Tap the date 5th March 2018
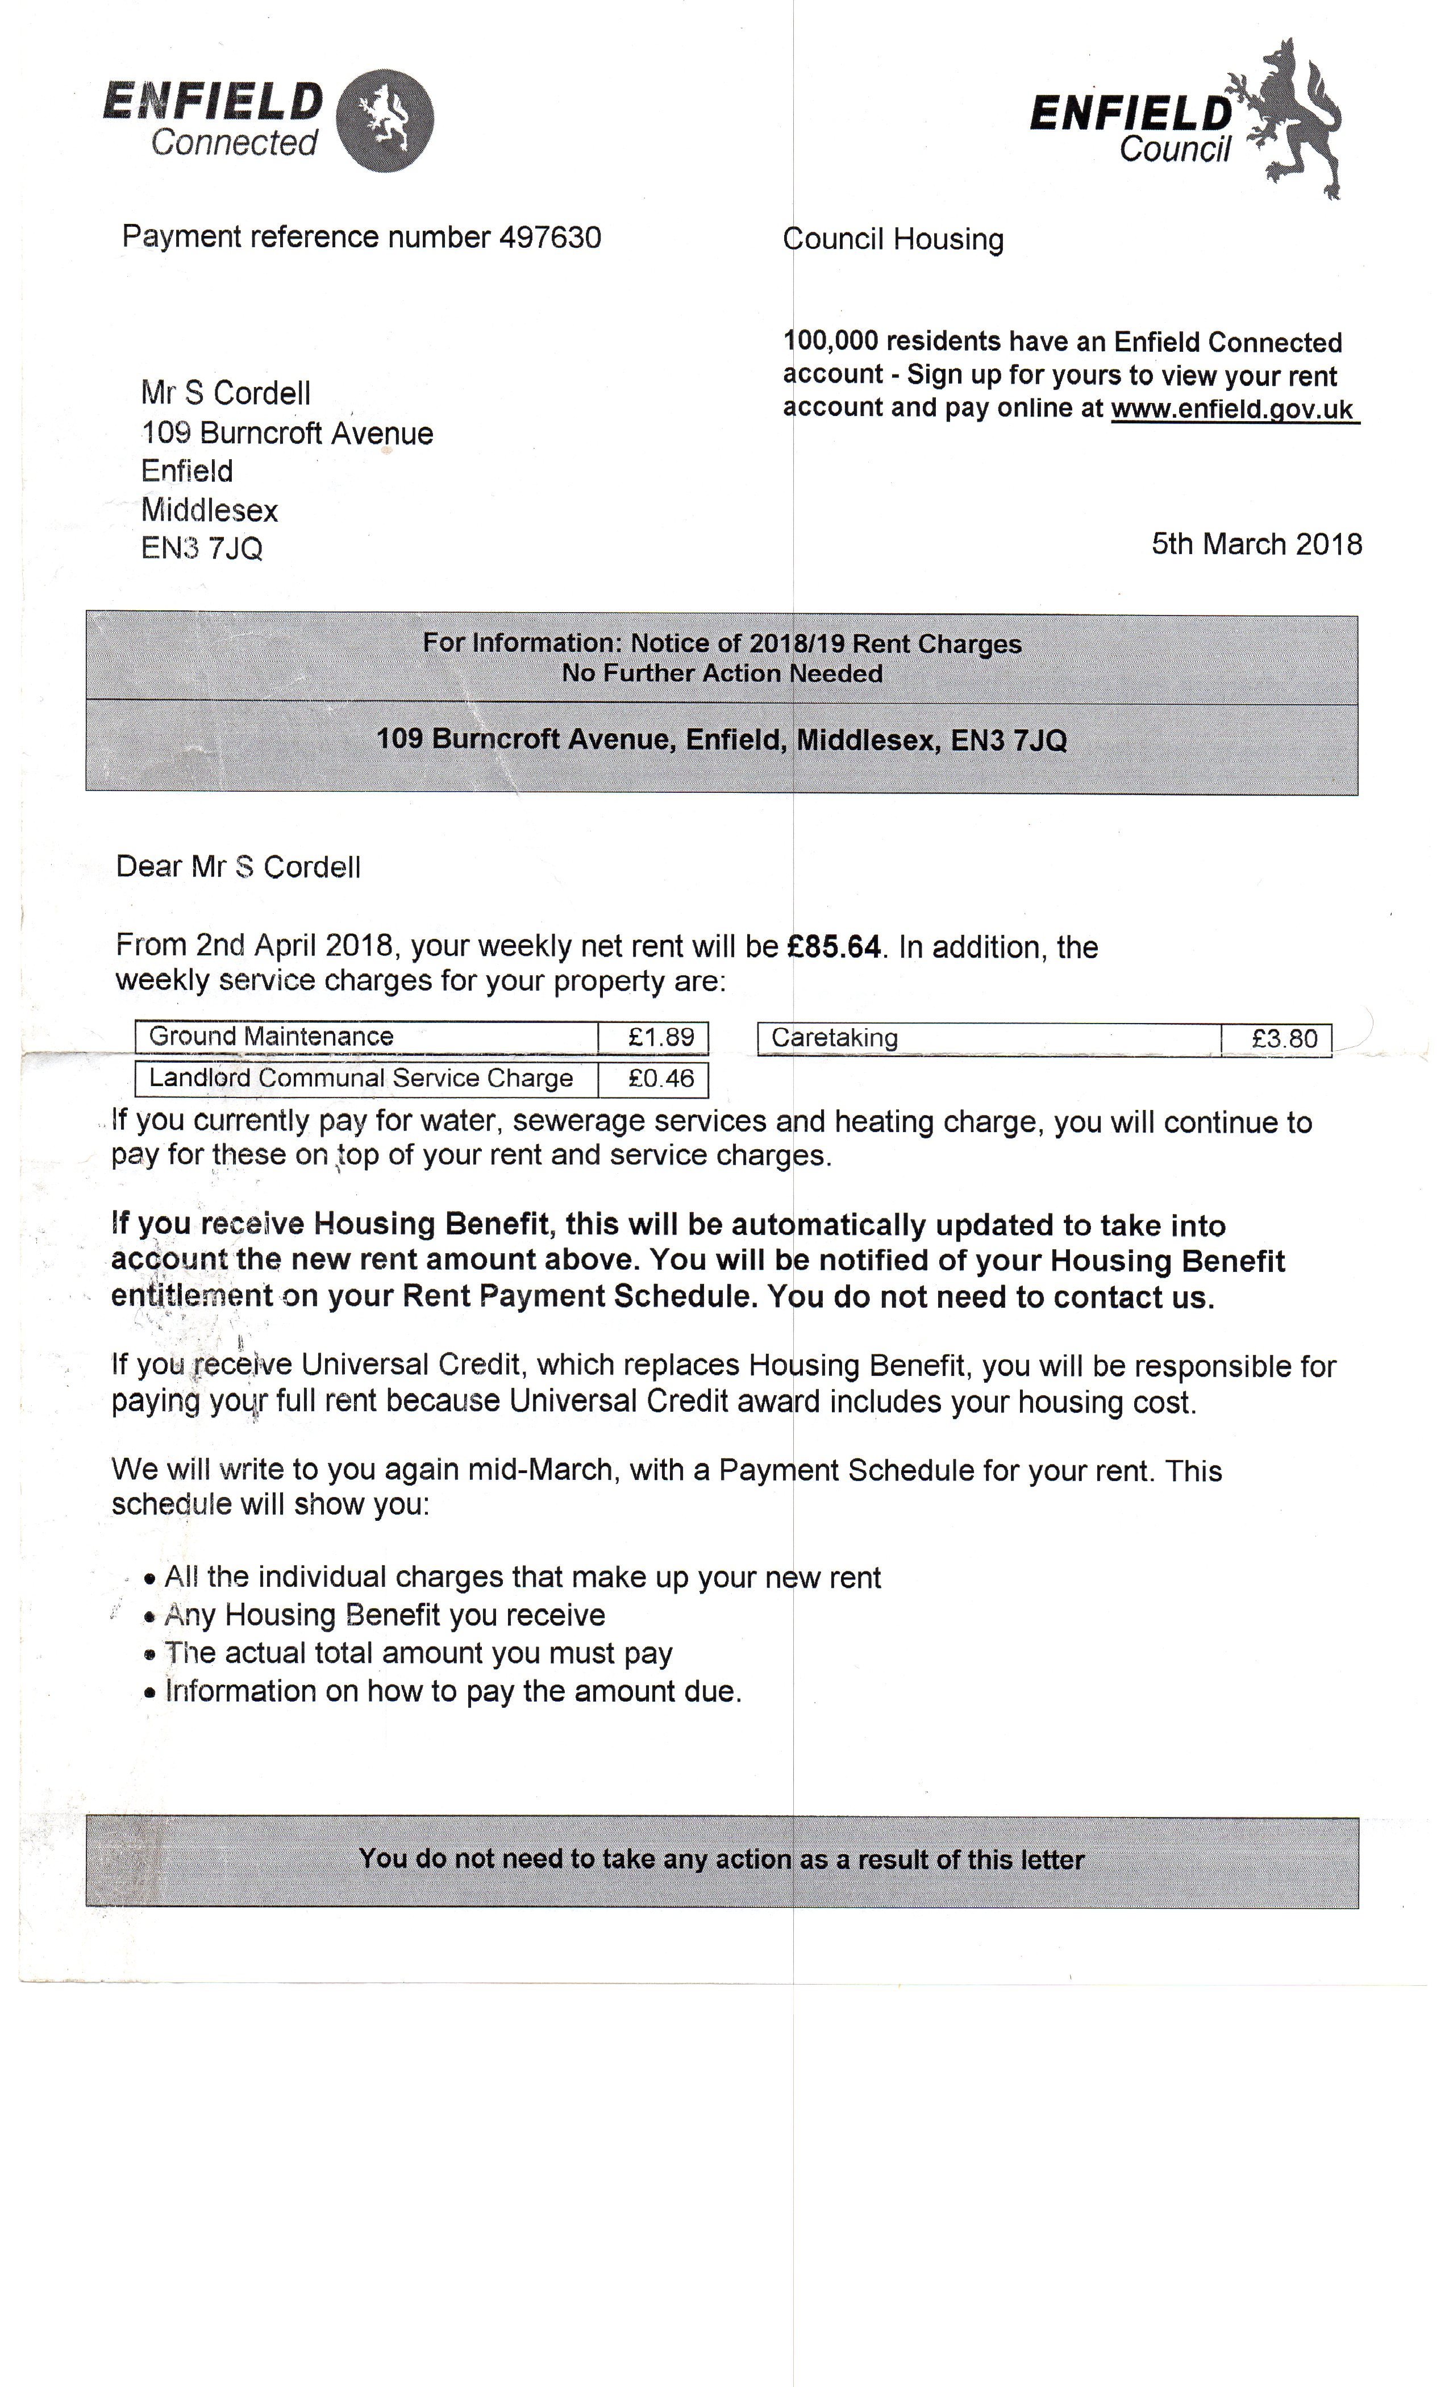pyautogui.click(x=1256, y=544)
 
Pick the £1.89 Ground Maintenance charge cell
pyautogui.click(x=654, y=1038)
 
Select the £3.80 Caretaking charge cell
pyautogui.click(x=1277, y=1039)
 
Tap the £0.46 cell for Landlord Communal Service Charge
pyautogui.click(x=654, y=1079)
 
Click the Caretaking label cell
pyautogui.click(x=988, y=1038)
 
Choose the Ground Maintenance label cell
pyautogui.click(x=366, y=1037)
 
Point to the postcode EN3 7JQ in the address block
pyautogui.click(x=202, y=548)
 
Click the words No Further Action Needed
pyautogui.click(x=722, y=673)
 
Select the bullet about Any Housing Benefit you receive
pyautogui.click(x=384, y=1615)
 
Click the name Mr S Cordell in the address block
pyautogui.click(x=226, y=393)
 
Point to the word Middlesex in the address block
pyautogui.click(x=209, y=510)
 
